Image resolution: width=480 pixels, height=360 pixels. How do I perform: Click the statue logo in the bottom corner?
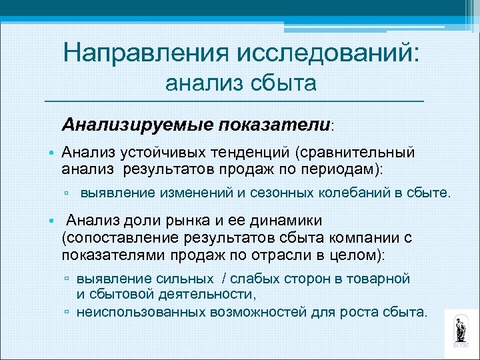coord(461,331)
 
